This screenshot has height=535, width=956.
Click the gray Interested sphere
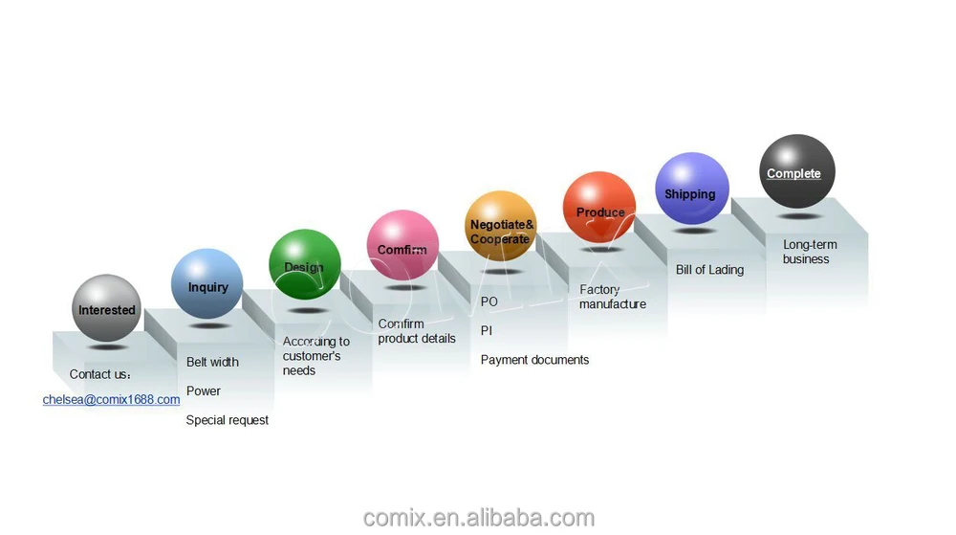[106, 308]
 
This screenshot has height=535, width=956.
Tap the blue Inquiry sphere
[206, 284]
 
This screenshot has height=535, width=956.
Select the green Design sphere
[304, 265]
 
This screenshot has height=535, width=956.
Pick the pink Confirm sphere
[402, 246]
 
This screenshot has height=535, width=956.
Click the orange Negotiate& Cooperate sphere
[501, 228]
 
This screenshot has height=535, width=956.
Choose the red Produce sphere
[599, 208]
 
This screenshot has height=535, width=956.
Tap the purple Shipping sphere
[691, 189]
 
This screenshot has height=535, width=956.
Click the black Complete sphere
[796, 171]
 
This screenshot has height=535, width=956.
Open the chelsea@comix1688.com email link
[111, 399]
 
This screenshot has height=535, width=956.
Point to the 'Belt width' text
[212, 362]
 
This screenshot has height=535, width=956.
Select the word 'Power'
[204, 390]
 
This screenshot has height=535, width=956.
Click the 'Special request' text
[228, 420]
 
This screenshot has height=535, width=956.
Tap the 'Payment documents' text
[534, 360]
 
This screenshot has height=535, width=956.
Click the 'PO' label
[489, 301]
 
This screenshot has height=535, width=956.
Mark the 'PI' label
[487, 330]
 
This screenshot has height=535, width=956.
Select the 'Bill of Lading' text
[709, 270]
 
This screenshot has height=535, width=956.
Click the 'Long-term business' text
[809, 252]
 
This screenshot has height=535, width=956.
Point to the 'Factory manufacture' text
[612, 297]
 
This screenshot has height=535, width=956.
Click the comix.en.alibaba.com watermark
[478, 518]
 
